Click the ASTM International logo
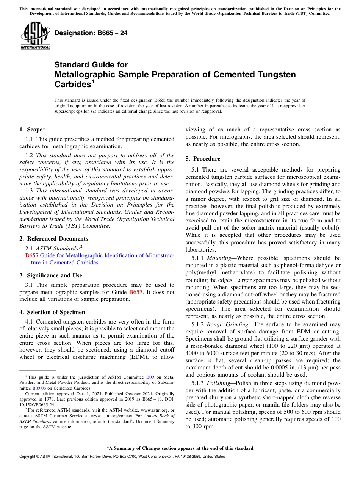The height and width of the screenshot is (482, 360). (35, 35)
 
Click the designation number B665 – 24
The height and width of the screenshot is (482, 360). (91, 33)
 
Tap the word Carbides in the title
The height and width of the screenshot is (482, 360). (72, 84)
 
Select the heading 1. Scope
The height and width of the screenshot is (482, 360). (33, 130)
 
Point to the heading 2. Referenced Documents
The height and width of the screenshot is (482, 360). (54, 239)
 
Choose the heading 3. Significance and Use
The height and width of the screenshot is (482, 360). (51, 275)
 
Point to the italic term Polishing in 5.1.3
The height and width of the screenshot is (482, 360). (218, 383)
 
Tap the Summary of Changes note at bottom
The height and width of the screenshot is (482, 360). (180, 448)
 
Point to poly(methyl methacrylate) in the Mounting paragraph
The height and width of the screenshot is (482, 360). (216, 272)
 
